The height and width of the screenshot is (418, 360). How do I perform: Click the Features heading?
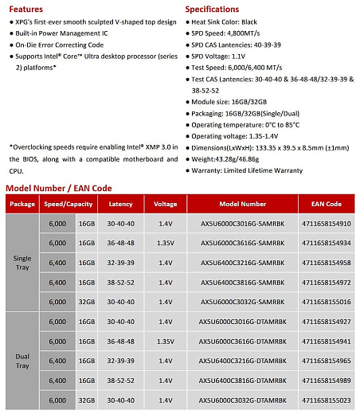click(25, 8)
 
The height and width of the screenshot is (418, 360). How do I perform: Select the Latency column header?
click(120, 205)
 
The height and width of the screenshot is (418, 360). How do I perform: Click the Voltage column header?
click(166, 205)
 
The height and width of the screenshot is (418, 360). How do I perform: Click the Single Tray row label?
click(23, 263)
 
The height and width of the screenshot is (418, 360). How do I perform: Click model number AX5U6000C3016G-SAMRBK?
click(237, 224)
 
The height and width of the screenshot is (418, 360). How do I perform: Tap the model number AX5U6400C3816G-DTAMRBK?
click(237, 381)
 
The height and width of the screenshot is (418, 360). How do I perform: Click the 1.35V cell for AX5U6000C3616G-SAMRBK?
click(166, 243)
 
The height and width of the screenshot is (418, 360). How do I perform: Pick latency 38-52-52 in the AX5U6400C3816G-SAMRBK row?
click(120, 283)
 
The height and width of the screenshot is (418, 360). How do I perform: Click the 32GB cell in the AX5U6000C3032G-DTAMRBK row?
click(86, 400)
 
